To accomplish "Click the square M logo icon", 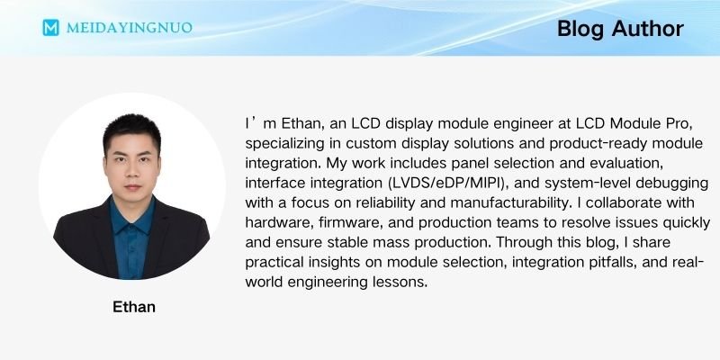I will [x=51, y=27].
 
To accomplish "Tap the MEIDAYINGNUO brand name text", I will [x=130, y=27].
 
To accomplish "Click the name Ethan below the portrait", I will [x=134, y=306].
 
